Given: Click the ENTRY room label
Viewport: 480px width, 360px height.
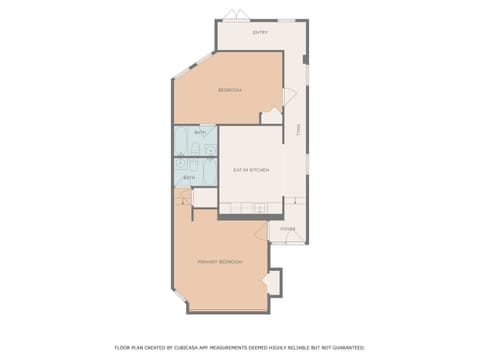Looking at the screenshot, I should click(260, 33).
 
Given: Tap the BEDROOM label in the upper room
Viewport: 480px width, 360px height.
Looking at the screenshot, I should click(230, 91).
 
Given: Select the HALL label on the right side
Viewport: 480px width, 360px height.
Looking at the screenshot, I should click(297, 131).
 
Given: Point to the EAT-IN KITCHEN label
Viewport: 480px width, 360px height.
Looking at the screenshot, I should click(251, 170).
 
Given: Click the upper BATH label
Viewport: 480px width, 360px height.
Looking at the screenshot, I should click(199, 133).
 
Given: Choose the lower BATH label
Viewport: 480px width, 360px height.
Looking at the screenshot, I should click(188, 178).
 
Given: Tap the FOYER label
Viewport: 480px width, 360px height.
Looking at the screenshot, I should click(287, 229).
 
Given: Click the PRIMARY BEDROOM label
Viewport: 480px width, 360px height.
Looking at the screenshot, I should click(220, 261).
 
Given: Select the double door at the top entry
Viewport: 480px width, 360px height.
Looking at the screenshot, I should click(233, 14).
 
